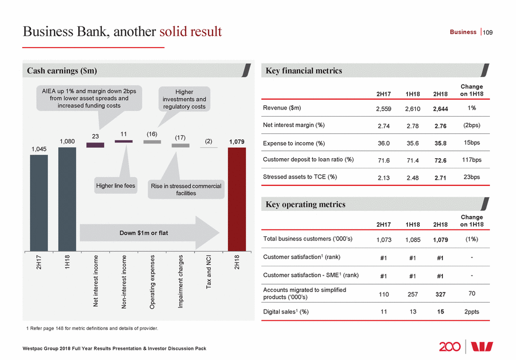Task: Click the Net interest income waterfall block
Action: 95,145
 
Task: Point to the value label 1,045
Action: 39,149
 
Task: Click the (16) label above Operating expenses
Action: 152,134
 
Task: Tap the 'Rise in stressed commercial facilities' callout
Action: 186,189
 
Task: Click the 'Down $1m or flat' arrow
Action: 150,233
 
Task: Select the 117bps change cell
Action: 471,159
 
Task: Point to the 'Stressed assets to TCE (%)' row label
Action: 300,177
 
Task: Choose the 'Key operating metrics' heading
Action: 306,204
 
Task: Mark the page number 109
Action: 488,32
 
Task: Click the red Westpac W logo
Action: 487,346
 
